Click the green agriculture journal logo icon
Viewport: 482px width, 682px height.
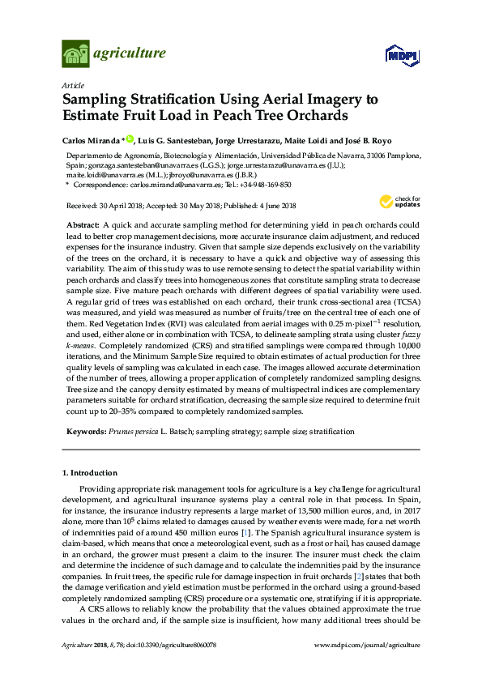76,54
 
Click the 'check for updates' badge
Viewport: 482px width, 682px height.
395,201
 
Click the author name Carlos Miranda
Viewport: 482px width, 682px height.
91,140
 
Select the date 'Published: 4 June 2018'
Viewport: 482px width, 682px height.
258,206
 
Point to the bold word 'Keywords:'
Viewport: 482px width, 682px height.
86,433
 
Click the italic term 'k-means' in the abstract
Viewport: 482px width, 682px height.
80,367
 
